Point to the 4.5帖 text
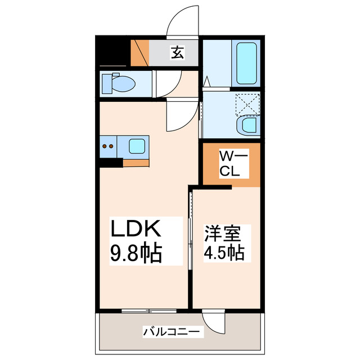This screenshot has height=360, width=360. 223,252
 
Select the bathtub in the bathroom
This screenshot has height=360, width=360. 245,63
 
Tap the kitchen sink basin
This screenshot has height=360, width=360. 137,146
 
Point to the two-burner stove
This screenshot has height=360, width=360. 108,147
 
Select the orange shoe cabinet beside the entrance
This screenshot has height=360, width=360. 140,53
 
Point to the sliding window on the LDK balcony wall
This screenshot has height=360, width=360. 146,310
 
